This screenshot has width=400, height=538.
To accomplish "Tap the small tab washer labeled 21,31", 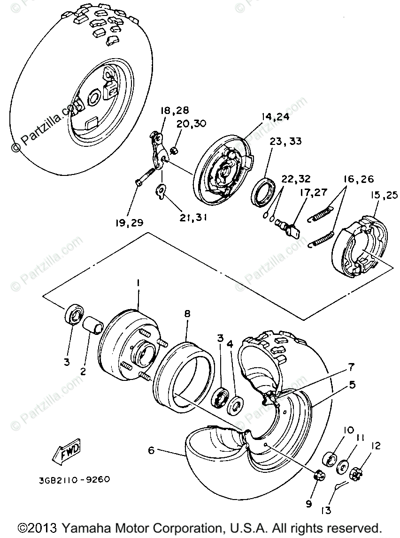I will point(162,191).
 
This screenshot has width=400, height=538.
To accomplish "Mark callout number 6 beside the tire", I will point(151,450).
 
